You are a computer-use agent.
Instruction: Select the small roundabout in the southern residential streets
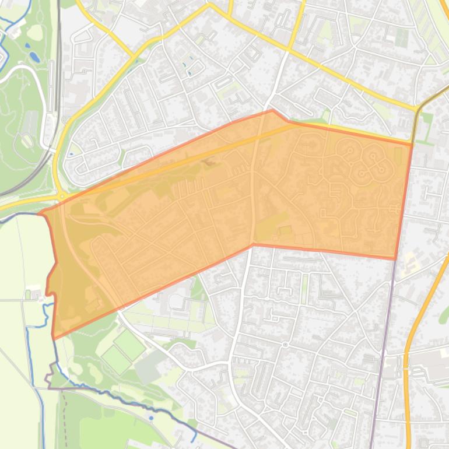coord(285,345)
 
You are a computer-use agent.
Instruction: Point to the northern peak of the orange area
coord(272,110)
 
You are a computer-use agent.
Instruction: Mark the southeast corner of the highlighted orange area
coord(396,258)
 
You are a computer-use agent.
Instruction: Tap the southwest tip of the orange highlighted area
coord(54,337)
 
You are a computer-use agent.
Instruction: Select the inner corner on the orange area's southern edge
coord(253,244)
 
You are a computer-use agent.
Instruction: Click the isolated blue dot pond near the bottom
coord(150,418)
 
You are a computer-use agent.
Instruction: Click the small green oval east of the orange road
coord(444,315)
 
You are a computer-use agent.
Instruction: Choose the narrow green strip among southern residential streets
coord(304,286)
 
